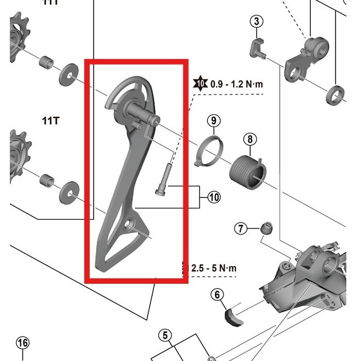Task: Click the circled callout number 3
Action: (257, 22)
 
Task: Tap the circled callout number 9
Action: (213, 120)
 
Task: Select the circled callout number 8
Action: (249, 139)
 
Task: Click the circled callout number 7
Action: (241, 229)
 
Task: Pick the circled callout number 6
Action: (218, 295)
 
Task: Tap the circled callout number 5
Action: (165, 335)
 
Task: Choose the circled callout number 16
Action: (22, 343)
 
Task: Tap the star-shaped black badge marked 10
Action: (200, 84)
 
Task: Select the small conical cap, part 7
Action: (267, 228)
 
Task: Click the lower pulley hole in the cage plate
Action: (130, 224)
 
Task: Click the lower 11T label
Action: (50, 120)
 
